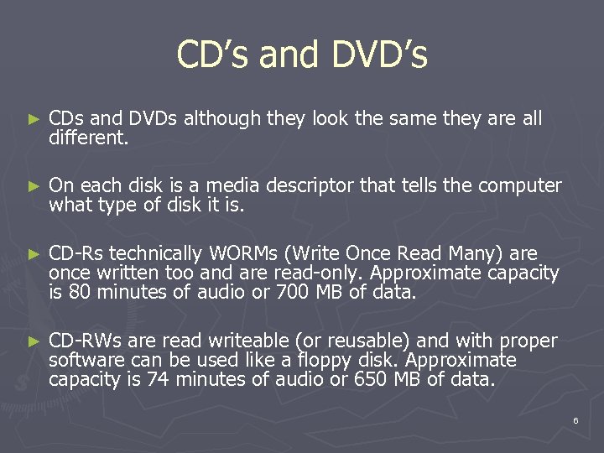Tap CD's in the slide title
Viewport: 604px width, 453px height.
[213, 55]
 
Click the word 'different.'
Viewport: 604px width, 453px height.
[89, 137]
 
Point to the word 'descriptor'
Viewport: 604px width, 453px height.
[309, 185]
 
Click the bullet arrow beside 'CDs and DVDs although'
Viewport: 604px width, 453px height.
[33, 120]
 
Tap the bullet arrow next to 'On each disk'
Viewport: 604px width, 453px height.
[33, 186]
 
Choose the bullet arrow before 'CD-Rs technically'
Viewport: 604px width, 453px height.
[33, 254]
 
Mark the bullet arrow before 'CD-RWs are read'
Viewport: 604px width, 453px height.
[33, 341]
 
